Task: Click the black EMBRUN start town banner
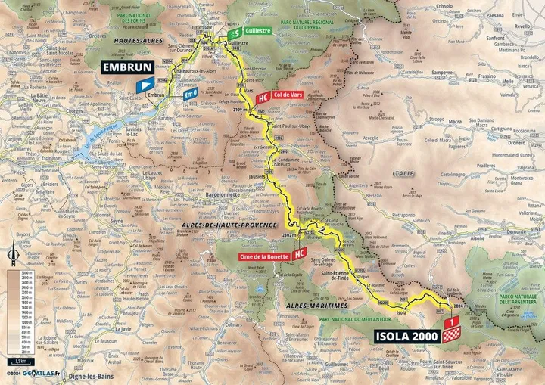click(126, 67)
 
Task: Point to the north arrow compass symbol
click(14, 257)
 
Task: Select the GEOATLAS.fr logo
click(42, 374)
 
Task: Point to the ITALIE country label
click(403, 173)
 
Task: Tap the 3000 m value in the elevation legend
click(26, 272)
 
